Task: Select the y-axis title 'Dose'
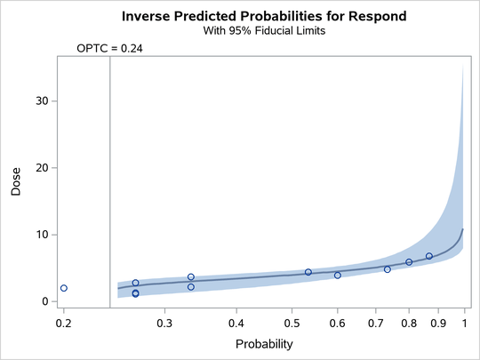[x=15, y=183]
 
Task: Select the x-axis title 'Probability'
[x=262, y=342]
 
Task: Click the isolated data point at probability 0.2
[x=64, y=288]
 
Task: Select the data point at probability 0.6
[x=338, y=276]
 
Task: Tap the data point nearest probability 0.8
[x=409, y=262]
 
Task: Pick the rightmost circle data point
[x=429, y=256]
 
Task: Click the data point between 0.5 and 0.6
[x=308, y=272]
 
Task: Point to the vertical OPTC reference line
[x=110, y=178]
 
